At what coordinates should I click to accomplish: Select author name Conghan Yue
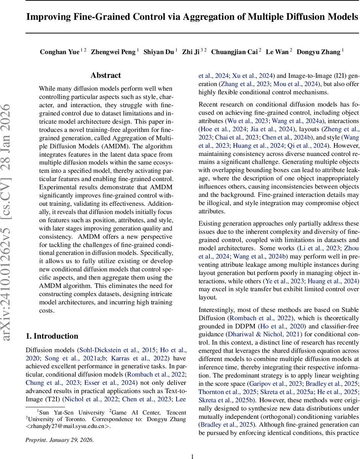[59, 52]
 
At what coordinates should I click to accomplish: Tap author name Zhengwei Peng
[113, 52]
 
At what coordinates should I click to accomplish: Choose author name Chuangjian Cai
[234, 52]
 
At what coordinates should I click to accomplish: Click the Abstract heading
[105, 75]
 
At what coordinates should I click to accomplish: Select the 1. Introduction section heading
[52, 336]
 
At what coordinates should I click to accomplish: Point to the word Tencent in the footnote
[174, 412]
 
